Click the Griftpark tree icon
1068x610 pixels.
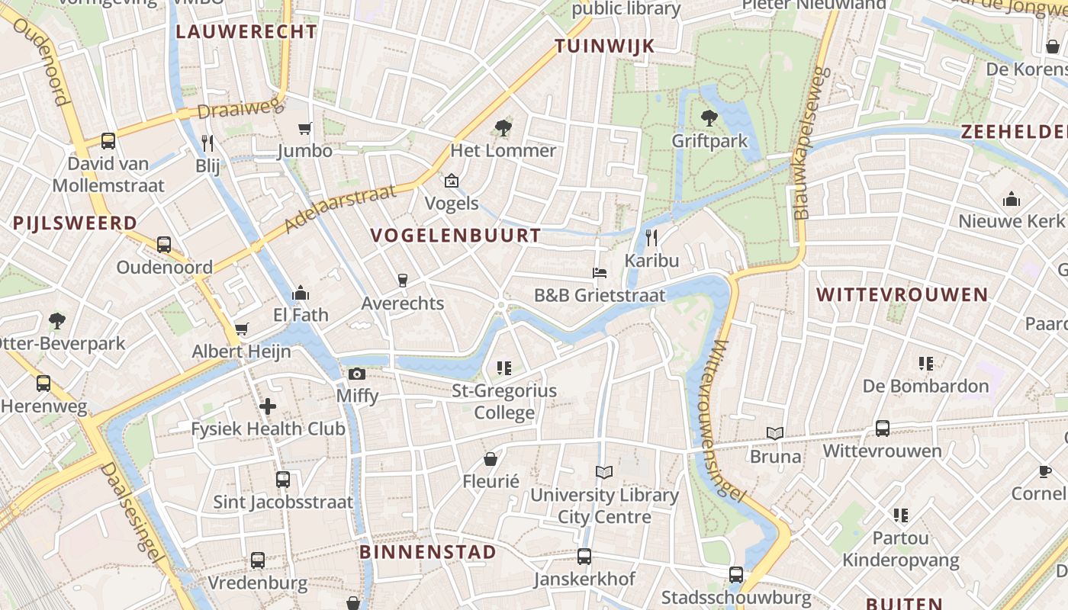point(709,117)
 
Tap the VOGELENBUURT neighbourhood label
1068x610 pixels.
point(456,236)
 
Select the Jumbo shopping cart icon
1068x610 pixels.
point(305,128)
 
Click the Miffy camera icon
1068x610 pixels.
point(356,374)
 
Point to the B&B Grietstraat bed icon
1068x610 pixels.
point(600,272)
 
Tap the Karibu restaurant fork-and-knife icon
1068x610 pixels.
point(651,237)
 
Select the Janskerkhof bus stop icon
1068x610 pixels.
point(584,557)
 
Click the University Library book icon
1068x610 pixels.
point(604,473)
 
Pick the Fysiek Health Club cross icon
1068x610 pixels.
point(268,406)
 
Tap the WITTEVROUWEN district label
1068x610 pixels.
point(902,295)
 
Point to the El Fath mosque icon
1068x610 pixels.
point(301,292)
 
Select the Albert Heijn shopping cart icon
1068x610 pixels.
point(241,329)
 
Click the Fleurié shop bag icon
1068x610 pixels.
point(491,459)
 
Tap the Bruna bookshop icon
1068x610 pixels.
point(775,433)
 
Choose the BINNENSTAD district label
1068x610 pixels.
point(427,552)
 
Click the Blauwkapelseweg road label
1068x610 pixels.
point(811,143)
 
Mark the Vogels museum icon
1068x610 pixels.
point(452,181)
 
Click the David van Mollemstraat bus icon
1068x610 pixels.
point(108,141)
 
